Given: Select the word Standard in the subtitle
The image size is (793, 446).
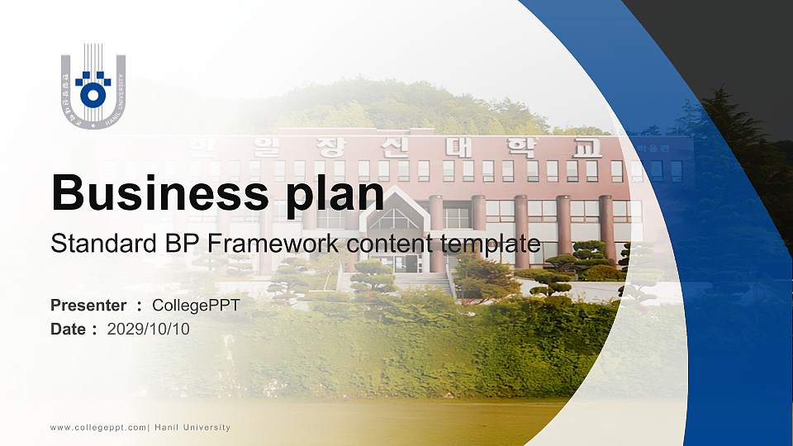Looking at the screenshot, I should (92, 244).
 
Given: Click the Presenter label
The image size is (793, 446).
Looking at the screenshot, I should (88, 305).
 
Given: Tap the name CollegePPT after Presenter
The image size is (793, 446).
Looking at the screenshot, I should (196, 305).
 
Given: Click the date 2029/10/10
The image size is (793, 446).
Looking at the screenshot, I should (149, 329).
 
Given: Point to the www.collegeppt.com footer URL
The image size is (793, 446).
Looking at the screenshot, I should (98, 427).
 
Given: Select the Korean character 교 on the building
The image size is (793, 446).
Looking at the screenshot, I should (586, 147).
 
